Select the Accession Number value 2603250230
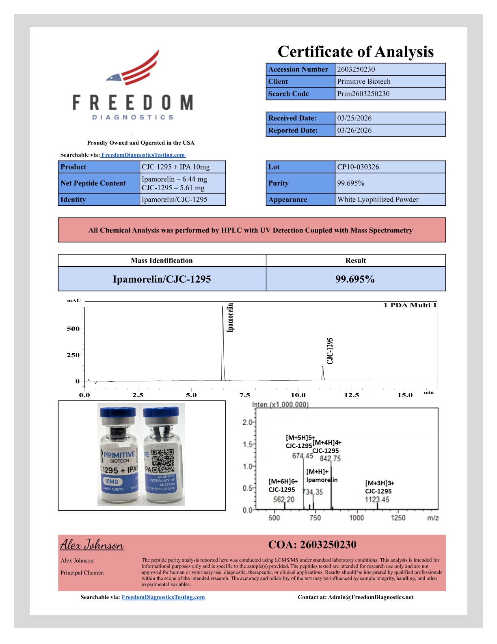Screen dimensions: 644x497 point(356,69)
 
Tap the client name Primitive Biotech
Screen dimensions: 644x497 point(363,81)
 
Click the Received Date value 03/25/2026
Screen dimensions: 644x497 point(354,118)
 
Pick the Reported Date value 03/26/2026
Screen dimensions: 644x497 point(354,130)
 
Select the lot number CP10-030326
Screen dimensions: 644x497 point(358,167)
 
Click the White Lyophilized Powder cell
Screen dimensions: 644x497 point(378,199)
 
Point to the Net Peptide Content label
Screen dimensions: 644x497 point(93,183)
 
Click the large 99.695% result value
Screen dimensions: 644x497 point(355,279)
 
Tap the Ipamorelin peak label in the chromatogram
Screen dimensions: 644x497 point(230,318)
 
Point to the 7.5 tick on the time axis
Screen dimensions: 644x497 point(244,395)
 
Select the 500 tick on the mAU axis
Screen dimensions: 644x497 point(73,329)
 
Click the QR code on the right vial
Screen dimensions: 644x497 point(162,461)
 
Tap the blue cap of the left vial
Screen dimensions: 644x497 point(118,412)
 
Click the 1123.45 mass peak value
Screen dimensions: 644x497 point(377,499)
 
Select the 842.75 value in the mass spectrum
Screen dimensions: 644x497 point(330,459)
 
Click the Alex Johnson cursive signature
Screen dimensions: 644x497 point(92,545)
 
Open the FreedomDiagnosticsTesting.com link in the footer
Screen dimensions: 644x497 point(163,597)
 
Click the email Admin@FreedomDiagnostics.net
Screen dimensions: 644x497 point(370,597)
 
